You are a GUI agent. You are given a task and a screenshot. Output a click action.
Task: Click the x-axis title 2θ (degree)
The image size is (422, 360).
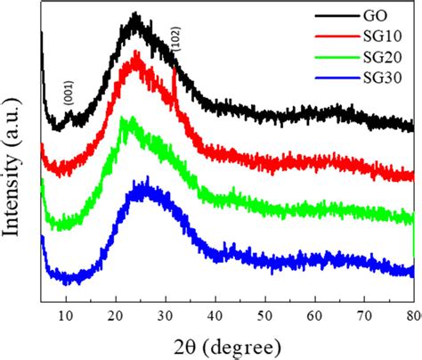[x=227, y=344]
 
